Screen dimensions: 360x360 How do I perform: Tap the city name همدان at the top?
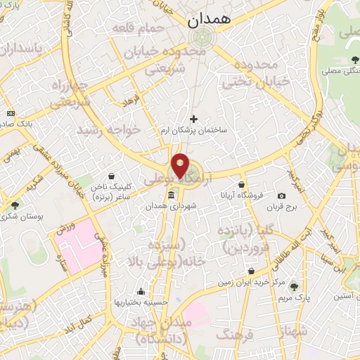point(210,21)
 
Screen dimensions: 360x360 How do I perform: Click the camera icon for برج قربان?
point(282,195)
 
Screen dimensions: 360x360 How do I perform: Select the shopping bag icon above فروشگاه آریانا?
point(242,184)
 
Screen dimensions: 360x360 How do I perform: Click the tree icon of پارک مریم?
point(294,286)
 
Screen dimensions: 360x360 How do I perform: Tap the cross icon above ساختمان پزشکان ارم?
point(195,120)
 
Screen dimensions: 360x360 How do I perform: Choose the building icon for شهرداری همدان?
point(171,195)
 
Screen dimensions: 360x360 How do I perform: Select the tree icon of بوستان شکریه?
point(15,205)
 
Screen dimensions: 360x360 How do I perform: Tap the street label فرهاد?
point(131,103)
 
